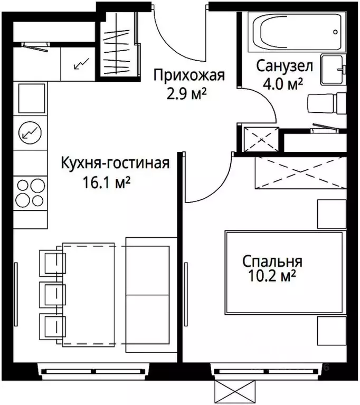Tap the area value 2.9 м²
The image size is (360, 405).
click(x=185, y=95)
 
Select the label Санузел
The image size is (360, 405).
click(x=285, y=66)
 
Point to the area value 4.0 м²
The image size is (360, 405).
click(x=283, y=84)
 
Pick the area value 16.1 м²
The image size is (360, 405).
click(x=107, y=182)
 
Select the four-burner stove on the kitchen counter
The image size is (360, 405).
click(x=30, y=193)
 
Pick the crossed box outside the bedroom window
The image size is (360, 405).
click(x=238, y=391)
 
